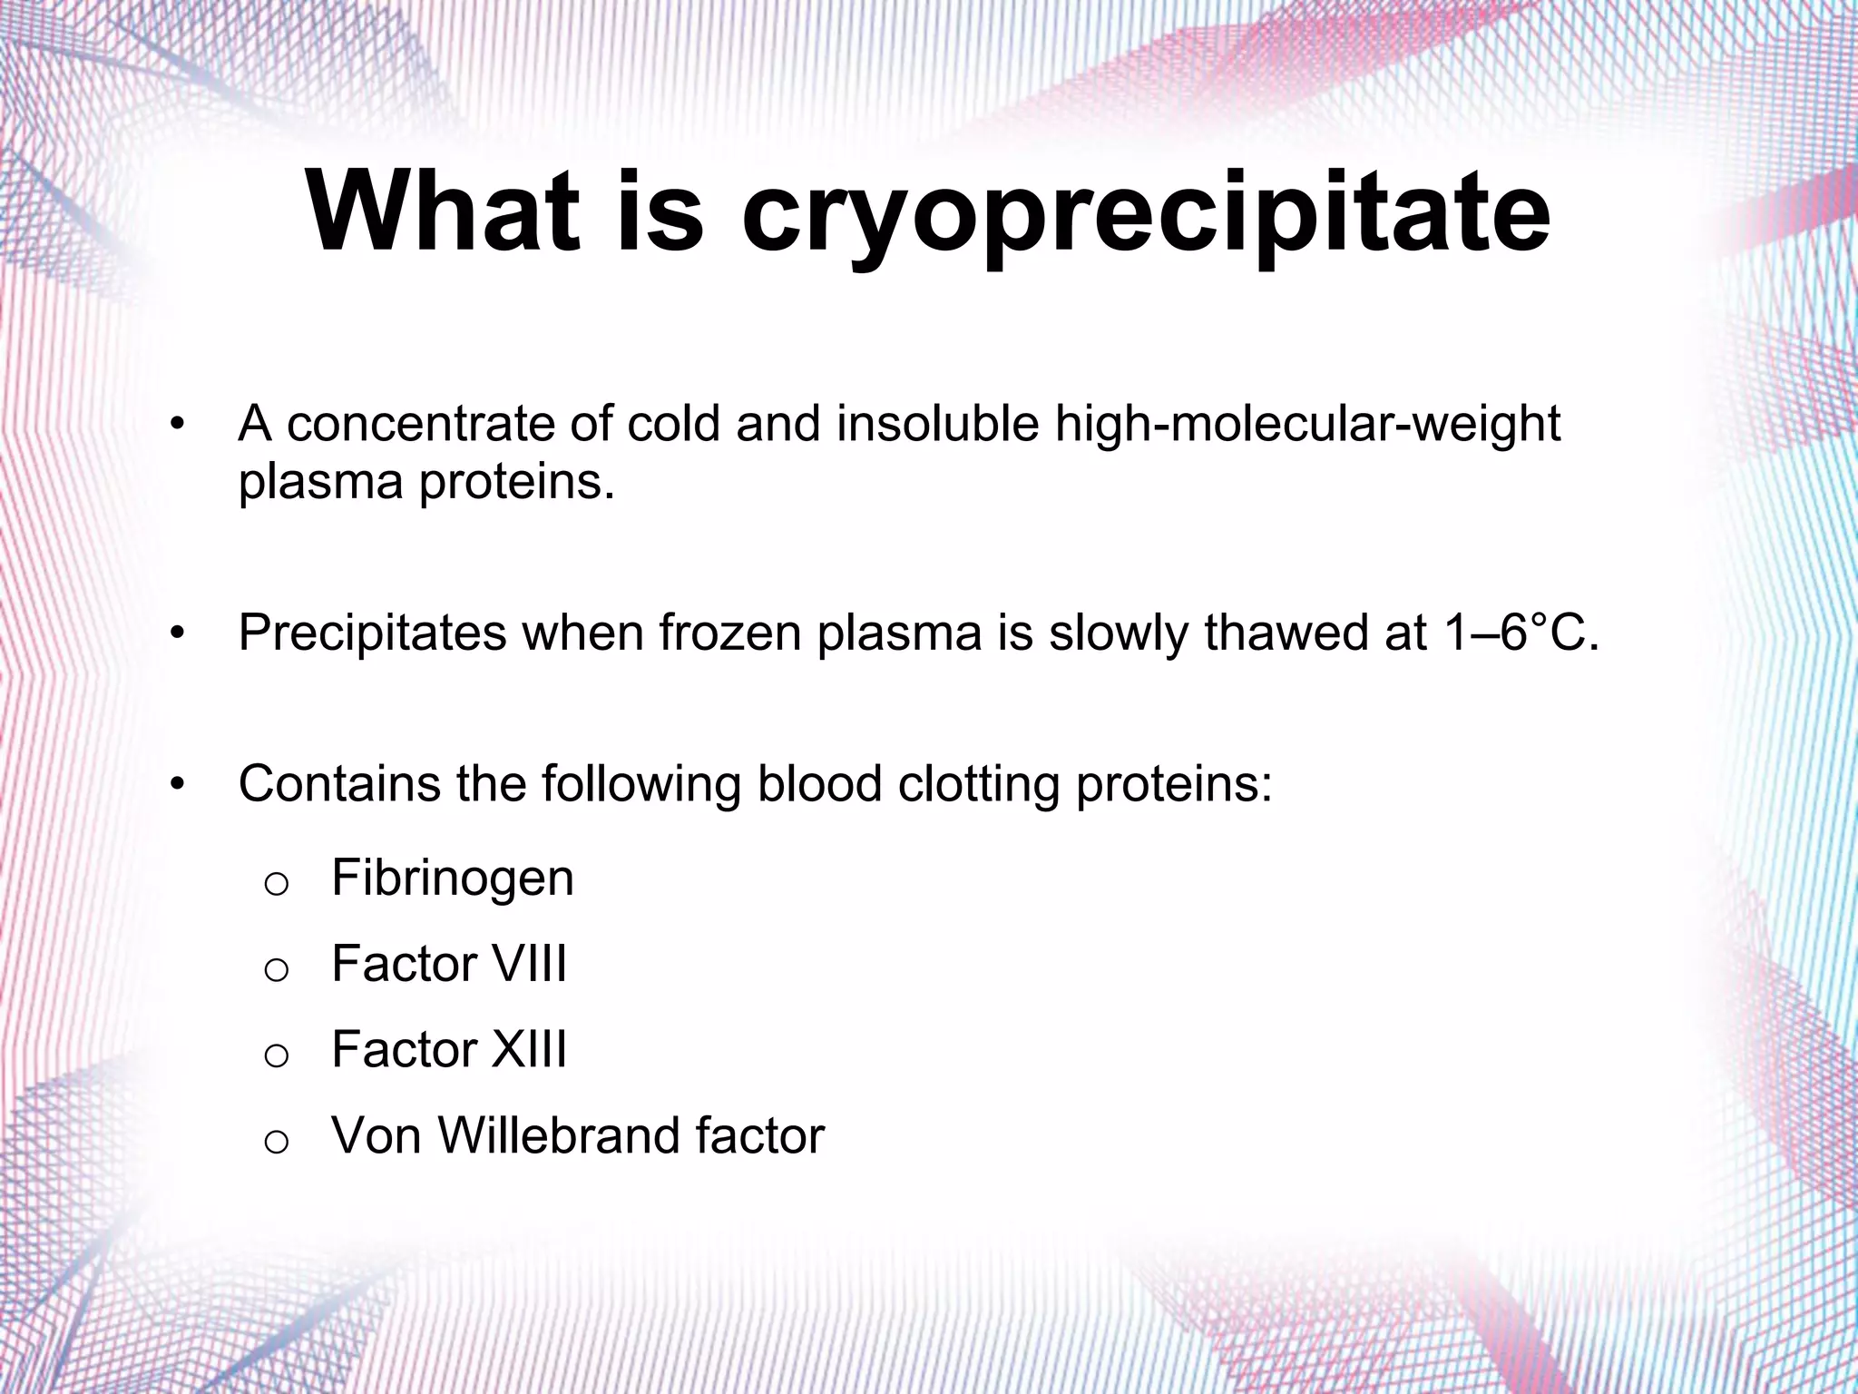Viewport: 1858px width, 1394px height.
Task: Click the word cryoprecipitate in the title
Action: point(1145,215)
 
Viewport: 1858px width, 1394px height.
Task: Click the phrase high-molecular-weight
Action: point(1307,424)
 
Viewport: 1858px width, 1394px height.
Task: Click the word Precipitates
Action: point(373,633)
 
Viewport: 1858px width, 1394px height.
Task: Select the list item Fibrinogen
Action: point(453,878)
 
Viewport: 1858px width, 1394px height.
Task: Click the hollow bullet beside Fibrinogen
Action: point(276,884)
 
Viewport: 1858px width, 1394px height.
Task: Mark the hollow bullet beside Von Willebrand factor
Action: point(276,1142)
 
